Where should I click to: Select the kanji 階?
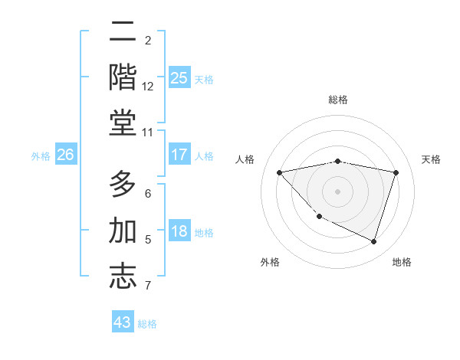tap(123, 78)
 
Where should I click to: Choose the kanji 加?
tap(123, 231)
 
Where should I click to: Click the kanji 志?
tap(123, 277)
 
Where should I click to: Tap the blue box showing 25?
tap(179, 78)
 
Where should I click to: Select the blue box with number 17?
tap(179, 155)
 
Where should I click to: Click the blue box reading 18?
tap(179, 231)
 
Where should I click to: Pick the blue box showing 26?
tap(65, 155)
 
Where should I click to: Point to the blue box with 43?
tap(123, 322)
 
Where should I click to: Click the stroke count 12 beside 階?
tap(148, 87)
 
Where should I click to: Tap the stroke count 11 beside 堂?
tap(148, 133)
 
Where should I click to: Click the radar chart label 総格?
tap(338, 100)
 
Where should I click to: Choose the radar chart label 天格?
tap(432, 159)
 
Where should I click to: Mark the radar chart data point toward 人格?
tap(279, 172)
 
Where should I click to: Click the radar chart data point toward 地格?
tap(374, 242)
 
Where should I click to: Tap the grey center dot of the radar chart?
tap(338, 191)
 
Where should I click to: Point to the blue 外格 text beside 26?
tap(41, 155)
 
